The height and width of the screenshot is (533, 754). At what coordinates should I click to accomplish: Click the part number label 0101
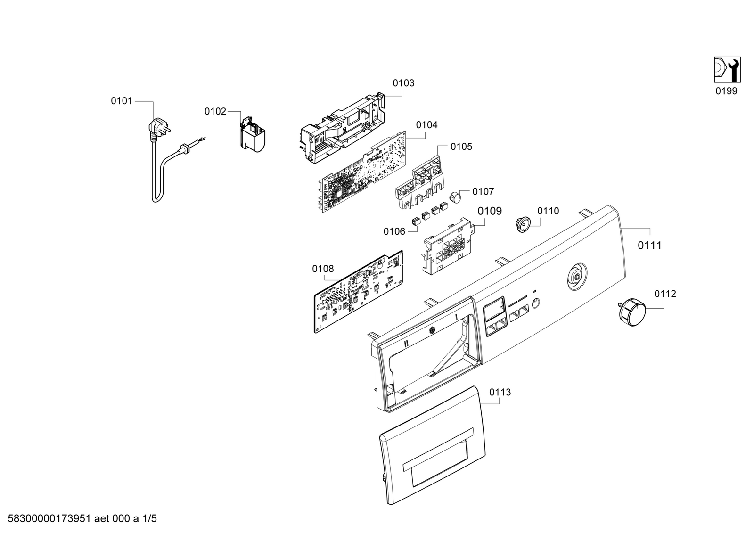point(122,101)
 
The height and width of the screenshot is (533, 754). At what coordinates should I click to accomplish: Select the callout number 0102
point(215,112)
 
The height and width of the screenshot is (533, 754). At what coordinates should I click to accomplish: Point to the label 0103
point(403,83)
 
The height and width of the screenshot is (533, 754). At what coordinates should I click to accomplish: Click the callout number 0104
point(426,125)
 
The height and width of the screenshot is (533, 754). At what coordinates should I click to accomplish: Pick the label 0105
point(461,147)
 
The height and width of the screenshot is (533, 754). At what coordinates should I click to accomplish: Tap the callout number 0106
point(394,231)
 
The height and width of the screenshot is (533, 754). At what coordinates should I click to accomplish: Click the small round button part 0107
point(454,196)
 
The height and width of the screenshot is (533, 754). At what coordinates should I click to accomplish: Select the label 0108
point(323,269)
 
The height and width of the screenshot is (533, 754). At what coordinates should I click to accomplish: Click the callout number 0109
point(490,211)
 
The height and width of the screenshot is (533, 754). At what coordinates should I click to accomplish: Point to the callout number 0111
point(650,245)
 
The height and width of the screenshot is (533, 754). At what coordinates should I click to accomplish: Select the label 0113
point(500,392)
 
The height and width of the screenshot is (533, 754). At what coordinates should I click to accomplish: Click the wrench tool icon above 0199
point(727,70)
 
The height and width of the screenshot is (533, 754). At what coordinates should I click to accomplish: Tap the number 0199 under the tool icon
point(726,91)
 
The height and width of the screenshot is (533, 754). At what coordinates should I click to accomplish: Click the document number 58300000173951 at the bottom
point(53,519)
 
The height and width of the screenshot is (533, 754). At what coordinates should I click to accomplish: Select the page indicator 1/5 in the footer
point(149,519)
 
